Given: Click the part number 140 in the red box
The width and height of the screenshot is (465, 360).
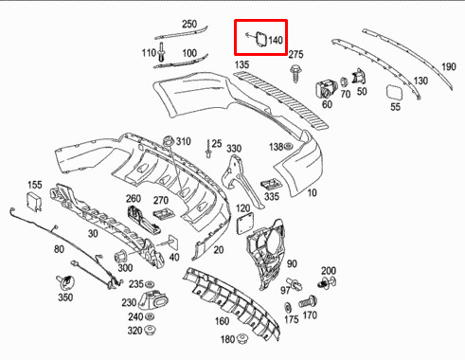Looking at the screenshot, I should (276, 41).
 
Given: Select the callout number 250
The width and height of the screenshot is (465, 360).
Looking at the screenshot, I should (189, 24).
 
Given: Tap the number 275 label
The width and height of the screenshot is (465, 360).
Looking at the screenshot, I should (295, 55).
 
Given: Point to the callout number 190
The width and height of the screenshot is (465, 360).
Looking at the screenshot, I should (449, 67).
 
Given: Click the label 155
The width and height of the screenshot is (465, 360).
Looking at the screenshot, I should (34, 184).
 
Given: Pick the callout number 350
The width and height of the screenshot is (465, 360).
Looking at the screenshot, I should (64, 297).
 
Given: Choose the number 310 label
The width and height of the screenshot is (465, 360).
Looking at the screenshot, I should (182, 141).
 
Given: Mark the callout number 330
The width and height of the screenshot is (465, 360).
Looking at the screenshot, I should (234, 149).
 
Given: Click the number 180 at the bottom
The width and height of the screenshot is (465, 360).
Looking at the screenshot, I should (226, 339).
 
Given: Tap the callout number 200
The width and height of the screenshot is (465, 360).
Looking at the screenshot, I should (329, 270).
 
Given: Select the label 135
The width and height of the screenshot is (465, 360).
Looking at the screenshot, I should (242, 64).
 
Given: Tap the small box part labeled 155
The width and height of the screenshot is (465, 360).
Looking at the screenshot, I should (35, 200).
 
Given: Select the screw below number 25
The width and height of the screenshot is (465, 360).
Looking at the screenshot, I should (207, 153).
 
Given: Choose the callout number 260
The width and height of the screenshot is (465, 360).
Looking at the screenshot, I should (134, 199).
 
